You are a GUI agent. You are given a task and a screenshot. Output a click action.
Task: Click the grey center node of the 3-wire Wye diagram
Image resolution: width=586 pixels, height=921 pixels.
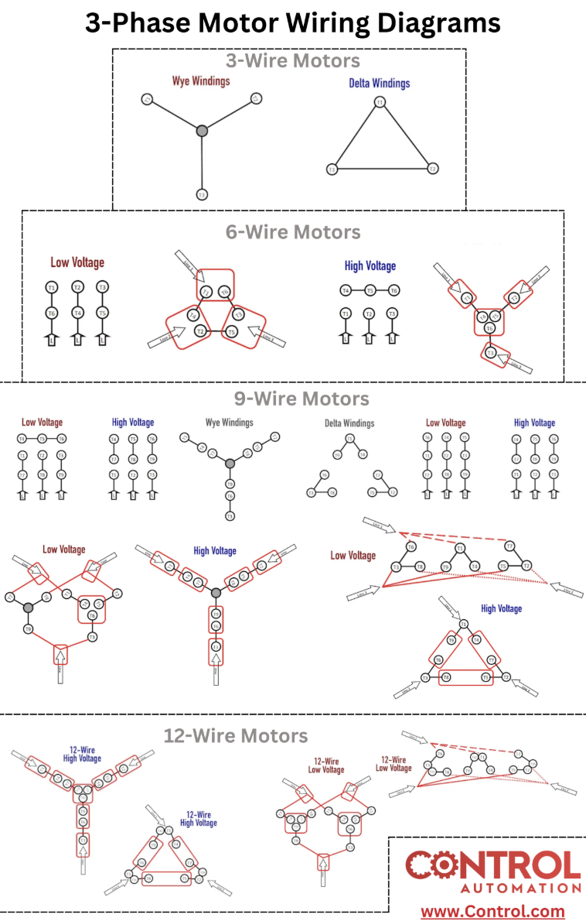(202, 131)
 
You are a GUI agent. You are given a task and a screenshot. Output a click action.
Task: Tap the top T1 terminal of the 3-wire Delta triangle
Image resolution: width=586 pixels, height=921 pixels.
(380, 102)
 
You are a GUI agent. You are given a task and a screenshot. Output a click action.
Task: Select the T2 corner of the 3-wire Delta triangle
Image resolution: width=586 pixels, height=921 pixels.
(433, 169)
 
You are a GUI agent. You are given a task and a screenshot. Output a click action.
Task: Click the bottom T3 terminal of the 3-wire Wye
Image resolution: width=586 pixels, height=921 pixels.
(202, 194)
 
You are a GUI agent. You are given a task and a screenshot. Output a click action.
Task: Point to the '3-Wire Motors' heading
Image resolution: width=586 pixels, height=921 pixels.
(292, 60)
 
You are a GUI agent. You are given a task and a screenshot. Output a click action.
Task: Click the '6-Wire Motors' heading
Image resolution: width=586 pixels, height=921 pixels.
(293, 231)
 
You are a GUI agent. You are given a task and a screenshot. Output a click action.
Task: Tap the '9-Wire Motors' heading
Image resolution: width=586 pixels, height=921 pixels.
(302, 399)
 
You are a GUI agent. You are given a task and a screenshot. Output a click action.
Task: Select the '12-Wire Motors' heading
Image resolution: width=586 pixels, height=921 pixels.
(235, 735)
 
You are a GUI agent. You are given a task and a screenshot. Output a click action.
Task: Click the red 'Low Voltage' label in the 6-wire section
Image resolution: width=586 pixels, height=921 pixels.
(77, 262)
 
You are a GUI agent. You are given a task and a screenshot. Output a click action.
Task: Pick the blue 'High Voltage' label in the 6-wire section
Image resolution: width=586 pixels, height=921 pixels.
(370, 265)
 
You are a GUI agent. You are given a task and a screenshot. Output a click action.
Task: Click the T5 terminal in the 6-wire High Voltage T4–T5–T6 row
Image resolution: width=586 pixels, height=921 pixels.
(370, 290)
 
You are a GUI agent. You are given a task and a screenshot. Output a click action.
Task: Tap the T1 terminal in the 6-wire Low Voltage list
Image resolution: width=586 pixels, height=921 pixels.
(52, 287)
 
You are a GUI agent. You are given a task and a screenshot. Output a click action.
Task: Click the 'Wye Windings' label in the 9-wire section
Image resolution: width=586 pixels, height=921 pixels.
(229, 423)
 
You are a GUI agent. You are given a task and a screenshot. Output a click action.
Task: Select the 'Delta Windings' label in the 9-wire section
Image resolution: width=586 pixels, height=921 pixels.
(349, 423)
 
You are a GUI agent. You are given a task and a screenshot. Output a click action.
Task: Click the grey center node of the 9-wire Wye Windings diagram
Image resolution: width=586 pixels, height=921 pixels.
(229, 463)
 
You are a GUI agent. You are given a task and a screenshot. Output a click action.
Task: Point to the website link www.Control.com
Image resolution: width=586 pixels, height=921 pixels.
(492, 911)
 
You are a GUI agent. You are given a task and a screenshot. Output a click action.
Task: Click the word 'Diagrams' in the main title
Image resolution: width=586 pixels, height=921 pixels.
(434, 23)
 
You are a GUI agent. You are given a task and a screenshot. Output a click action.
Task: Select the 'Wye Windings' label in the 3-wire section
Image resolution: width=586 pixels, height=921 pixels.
(201, 80)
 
